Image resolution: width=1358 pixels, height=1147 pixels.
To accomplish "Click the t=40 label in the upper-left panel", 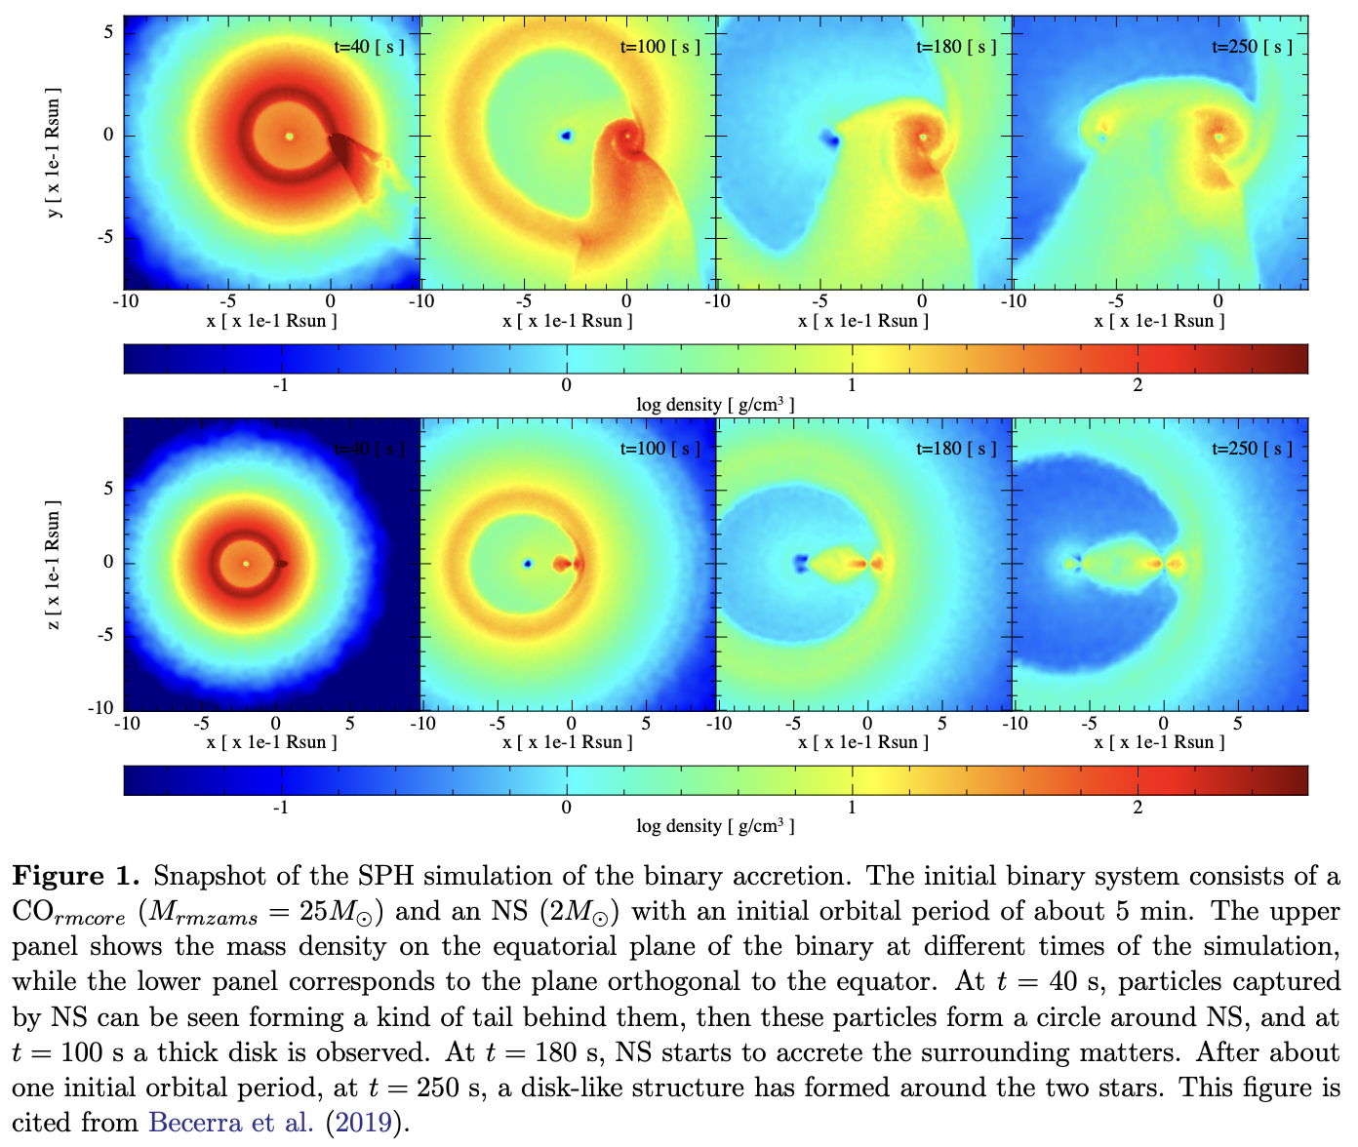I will [369, 47].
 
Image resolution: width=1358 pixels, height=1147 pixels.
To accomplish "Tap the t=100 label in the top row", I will [659, 47].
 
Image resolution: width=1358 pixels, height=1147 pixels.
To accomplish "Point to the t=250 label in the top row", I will [1252, 47].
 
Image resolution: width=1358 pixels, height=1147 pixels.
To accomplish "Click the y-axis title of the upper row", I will [54, 156].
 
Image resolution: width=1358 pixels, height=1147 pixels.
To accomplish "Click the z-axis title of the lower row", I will [54, 566].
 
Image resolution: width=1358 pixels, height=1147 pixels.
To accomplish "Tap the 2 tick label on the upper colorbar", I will [1138, 385].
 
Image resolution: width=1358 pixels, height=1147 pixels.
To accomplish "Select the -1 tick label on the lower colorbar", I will [280, 808].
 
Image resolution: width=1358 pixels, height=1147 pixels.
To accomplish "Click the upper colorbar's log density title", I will [715, 405].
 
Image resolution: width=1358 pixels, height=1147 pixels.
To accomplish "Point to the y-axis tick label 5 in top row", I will [108, 32].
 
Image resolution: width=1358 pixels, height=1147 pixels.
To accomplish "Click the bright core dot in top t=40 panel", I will [289, 137].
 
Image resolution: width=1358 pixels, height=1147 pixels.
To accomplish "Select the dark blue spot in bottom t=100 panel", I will [528, 564].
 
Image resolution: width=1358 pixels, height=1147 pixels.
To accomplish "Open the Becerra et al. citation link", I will [231, 1123].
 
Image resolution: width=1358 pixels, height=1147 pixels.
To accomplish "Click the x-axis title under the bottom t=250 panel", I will [1159, 742].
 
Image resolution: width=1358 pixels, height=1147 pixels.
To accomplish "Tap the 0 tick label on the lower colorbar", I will [566, 808].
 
